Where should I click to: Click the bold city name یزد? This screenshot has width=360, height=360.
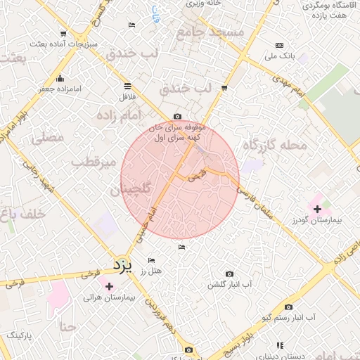click(123, 265)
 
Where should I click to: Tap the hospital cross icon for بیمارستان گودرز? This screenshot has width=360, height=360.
click(317, 208)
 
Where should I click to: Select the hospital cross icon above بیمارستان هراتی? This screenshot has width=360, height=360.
click(109, 285)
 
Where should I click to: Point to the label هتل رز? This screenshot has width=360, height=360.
click(151, 270)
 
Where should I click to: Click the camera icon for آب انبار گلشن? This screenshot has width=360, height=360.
click(229, 274)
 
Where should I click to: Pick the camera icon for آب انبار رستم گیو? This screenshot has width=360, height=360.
click(288, 307)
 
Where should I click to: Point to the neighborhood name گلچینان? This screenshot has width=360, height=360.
click(131, 190)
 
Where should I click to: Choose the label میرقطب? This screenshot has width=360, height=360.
click(94, 162)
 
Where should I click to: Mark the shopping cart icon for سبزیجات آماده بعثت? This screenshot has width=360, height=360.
click(64, 34)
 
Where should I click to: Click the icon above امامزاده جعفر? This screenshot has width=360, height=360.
click(60, 78)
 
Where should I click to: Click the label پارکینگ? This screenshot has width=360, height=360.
click(25, 335)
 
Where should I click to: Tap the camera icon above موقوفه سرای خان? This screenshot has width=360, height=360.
click(177, 117)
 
